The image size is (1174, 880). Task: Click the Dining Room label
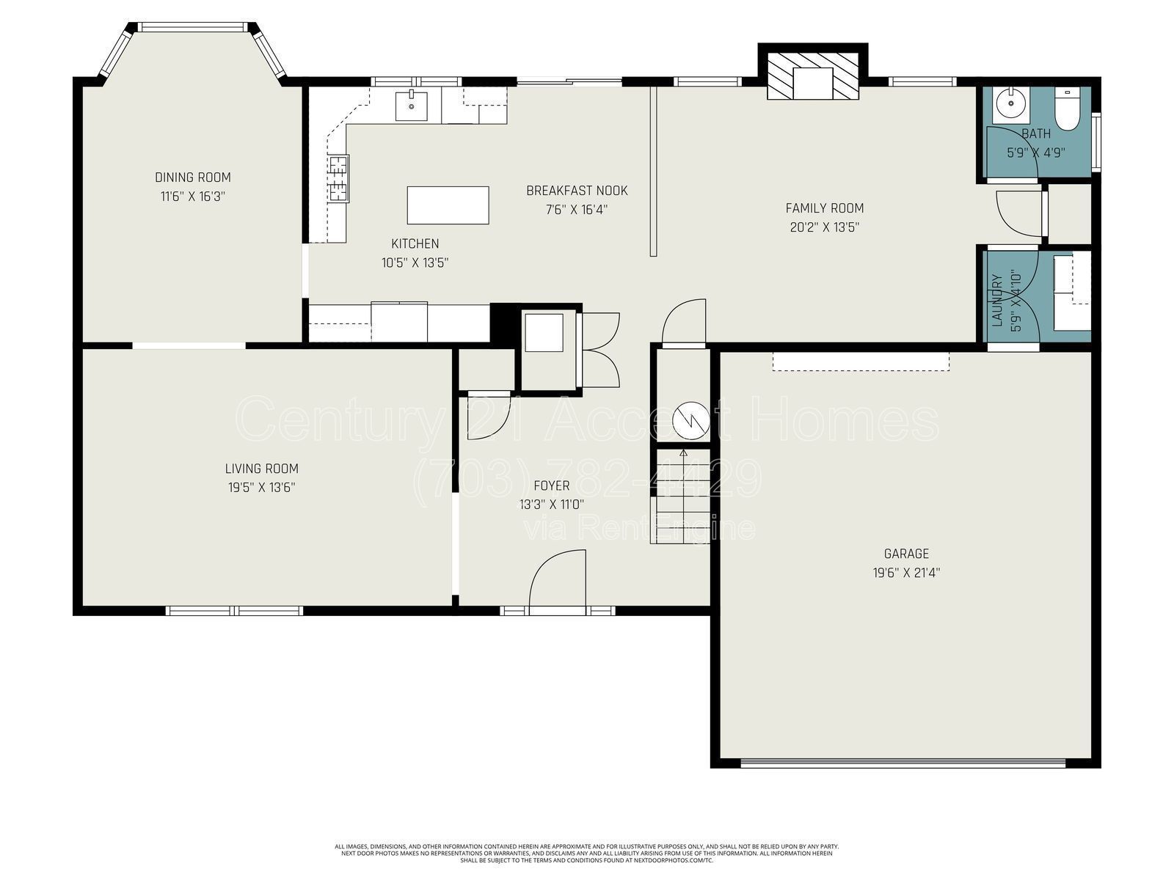click(x=192, y=177)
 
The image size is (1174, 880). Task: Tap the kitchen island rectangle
click(x=448, y=205)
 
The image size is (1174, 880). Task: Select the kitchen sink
click(x=412, y=106)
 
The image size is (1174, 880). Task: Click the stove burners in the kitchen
click(x=338, y=179)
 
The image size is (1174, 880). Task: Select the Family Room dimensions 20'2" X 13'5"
click(x=824, y=227)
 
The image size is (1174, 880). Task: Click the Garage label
click(x=906, y=554)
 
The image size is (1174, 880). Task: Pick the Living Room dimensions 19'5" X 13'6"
click(x=261, y=487)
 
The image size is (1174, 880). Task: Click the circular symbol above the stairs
click(x=691, y=420)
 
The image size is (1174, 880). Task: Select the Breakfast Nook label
click(x=577, y=191)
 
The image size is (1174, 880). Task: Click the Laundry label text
click(x=996, y=301)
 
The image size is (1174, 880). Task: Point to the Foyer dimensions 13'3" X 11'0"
click(x=551, y=505)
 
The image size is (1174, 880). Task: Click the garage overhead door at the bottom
click(x=903, y=763)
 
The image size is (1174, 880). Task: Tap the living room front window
click(x=234, y=610)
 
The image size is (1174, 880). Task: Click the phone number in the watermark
click(x=587, y=480)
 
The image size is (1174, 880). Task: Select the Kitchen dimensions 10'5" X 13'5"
click(x=415, y=263)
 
